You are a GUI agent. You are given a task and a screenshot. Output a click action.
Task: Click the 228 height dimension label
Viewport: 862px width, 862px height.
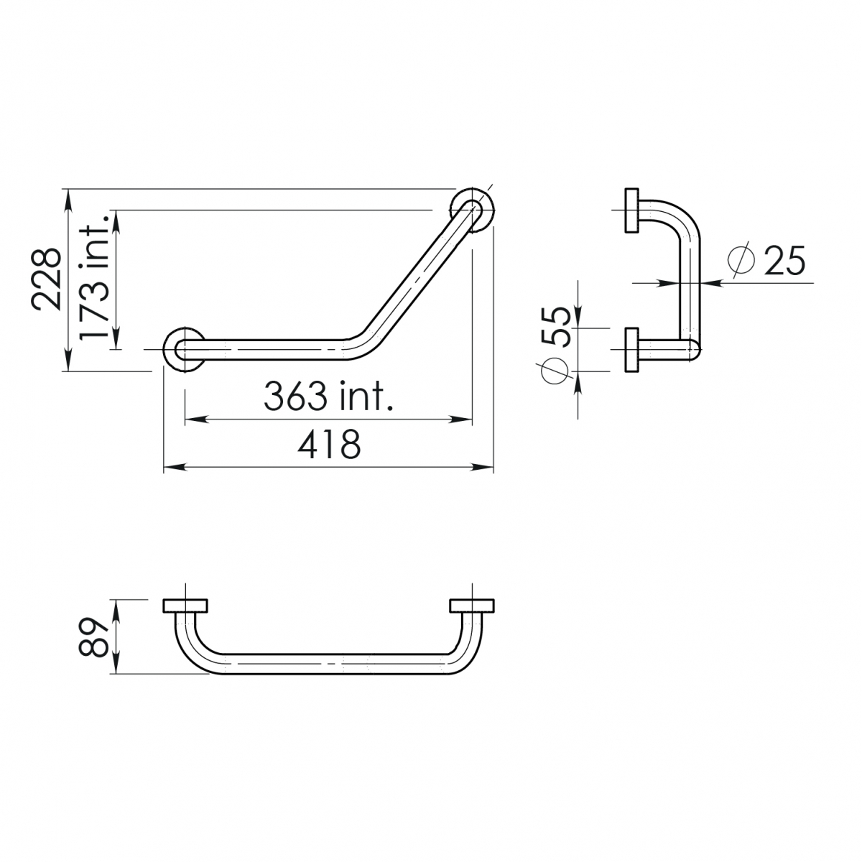[x=47, y=279]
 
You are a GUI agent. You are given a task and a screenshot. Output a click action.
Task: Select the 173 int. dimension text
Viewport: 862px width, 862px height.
[x=93, y=279]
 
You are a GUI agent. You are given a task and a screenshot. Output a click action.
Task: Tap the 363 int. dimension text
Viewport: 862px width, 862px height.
[x=329, y=396]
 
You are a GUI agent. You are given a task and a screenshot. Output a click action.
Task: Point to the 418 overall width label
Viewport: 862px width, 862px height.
[x=330, y=445]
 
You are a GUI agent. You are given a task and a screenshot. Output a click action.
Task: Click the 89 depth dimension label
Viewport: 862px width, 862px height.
[x=93, y=637]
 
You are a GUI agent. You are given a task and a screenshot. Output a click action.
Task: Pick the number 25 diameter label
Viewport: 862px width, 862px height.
[x=784, y=261]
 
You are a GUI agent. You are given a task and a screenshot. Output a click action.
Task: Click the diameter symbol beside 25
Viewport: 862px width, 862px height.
[x=742, y=261]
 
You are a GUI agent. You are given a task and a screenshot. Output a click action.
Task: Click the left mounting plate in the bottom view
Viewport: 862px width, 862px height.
[x=185, y=606]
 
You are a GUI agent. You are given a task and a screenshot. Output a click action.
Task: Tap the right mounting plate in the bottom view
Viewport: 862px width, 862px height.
[x=472, y=606]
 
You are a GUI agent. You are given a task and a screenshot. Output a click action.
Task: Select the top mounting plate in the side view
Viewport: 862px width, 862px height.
[x=632, y=210]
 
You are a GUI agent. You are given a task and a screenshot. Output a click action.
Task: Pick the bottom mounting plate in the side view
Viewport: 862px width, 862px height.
[x=632, y=350]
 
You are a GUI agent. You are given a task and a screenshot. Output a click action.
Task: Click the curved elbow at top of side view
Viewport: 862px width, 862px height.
[x=682, y=219]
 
